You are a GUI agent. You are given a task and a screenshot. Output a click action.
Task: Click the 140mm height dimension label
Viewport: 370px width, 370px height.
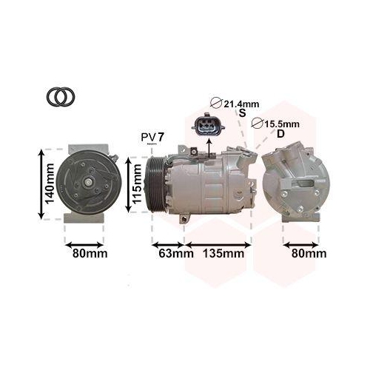point(49,184)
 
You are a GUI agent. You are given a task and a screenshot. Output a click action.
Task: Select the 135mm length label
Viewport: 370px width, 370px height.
point(223,254)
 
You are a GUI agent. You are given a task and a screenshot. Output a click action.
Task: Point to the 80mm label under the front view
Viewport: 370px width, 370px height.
point(87,254)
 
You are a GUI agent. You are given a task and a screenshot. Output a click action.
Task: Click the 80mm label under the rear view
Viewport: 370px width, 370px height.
point(306,254)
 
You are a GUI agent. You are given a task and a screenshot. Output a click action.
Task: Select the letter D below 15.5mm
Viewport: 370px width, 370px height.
point(280,134)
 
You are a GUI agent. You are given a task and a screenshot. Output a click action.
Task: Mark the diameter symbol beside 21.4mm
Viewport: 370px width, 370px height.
point(217,103)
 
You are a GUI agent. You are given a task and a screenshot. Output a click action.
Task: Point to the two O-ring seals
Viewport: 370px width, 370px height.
point(60,97)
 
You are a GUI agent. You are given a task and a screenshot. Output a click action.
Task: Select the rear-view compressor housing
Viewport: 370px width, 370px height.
point(292,182)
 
